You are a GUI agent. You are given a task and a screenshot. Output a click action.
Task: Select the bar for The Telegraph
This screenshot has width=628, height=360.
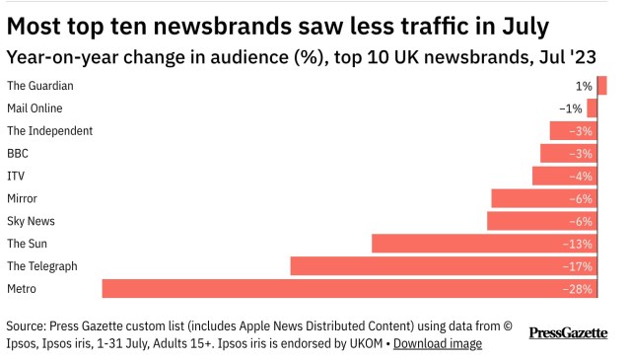(443, 265)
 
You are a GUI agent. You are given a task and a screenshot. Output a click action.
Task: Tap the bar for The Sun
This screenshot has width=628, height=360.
(483, 243)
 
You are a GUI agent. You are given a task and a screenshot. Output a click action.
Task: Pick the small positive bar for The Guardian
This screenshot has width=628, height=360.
(601, 86)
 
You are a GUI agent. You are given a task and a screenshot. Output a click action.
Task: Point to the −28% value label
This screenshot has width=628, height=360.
(577, 288)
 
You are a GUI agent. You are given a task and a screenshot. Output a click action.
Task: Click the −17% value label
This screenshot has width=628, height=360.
(577, 265)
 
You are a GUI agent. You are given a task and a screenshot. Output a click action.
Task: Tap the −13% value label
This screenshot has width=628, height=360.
(577, 243)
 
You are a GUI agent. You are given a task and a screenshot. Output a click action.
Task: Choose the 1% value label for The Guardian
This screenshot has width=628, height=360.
(585, 86)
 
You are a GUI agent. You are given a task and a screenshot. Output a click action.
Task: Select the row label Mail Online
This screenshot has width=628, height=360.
(35, 108)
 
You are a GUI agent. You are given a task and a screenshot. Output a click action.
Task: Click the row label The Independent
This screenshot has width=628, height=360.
(49, 131)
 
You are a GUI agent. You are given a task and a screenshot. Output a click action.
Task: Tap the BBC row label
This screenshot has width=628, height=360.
(18, 154)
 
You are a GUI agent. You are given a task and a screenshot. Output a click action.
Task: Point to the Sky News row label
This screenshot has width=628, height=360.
(31, 221)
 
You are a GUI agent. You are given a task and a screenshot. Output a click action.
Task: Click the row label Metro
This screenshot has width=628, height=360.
(22, 288)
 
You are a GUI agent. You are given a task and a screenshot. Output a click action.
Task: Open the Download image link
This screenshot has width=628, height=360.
(438, 343)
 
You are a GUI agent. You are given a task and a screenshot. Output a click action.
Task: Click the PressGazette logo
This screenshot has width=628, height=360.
(568, 333)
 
